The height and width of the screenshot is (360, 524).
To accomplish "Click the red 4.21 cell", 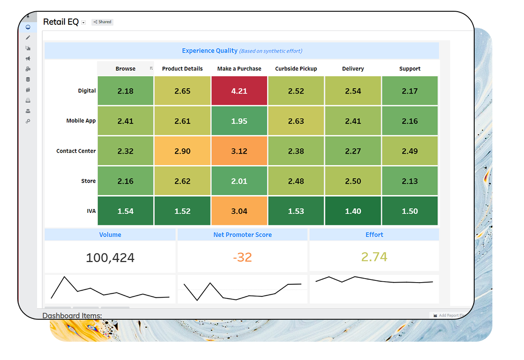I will pos(239,91).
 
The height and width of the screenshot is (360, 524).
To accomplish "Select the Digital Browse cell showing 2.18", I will pos(126,91).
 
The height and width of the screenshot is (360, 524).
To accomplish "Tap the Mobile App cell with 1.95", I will pos(239,121).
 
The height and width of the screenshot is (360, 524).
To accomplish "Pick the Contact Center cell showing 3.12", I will pos(239,151).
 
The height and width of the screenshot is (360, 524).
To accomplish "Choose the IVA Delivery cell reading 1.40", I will pos(353,211).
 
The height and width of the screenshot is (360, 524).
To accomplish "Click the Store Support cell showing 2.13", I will pos(410,181).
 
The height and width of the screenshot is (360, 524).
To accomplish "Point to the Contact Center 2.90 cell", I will pos(182,151).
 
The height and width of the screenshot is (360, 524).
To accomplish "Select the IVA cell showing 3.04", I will pos(239,211).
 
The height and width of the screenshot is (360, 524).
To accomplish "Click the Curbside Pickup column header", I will pos(296,69).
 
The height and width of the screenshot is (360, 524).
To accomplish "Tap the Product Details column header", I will pos(182,69).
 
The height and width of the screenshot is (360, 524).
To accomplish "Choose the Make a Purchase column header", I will pos(239,69).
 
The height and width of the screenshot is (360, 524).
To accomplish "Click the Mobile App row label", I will pos(81,121).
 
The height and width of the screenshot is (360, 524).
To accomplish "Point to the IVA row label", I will pos(91,211).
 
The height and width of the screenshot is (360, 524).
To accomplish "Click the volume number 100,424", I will pos(110,258).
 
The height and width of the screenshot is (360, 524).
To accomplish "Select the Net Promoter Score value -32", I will pos(243,257).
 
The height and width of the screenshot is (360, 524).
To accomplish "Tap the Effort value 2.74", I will pos(374,257).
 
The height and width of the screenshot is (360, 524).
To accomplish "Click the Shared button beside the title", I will pos(103,22).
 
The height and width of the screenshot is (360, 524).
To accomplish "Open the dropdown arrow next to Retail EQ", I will pos(84,22).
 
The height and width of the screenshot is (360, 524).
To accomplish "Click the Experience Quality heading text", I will pos(210,51).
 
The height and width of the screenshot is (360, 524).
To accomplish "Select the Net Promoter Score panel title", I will pos(243,235).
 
